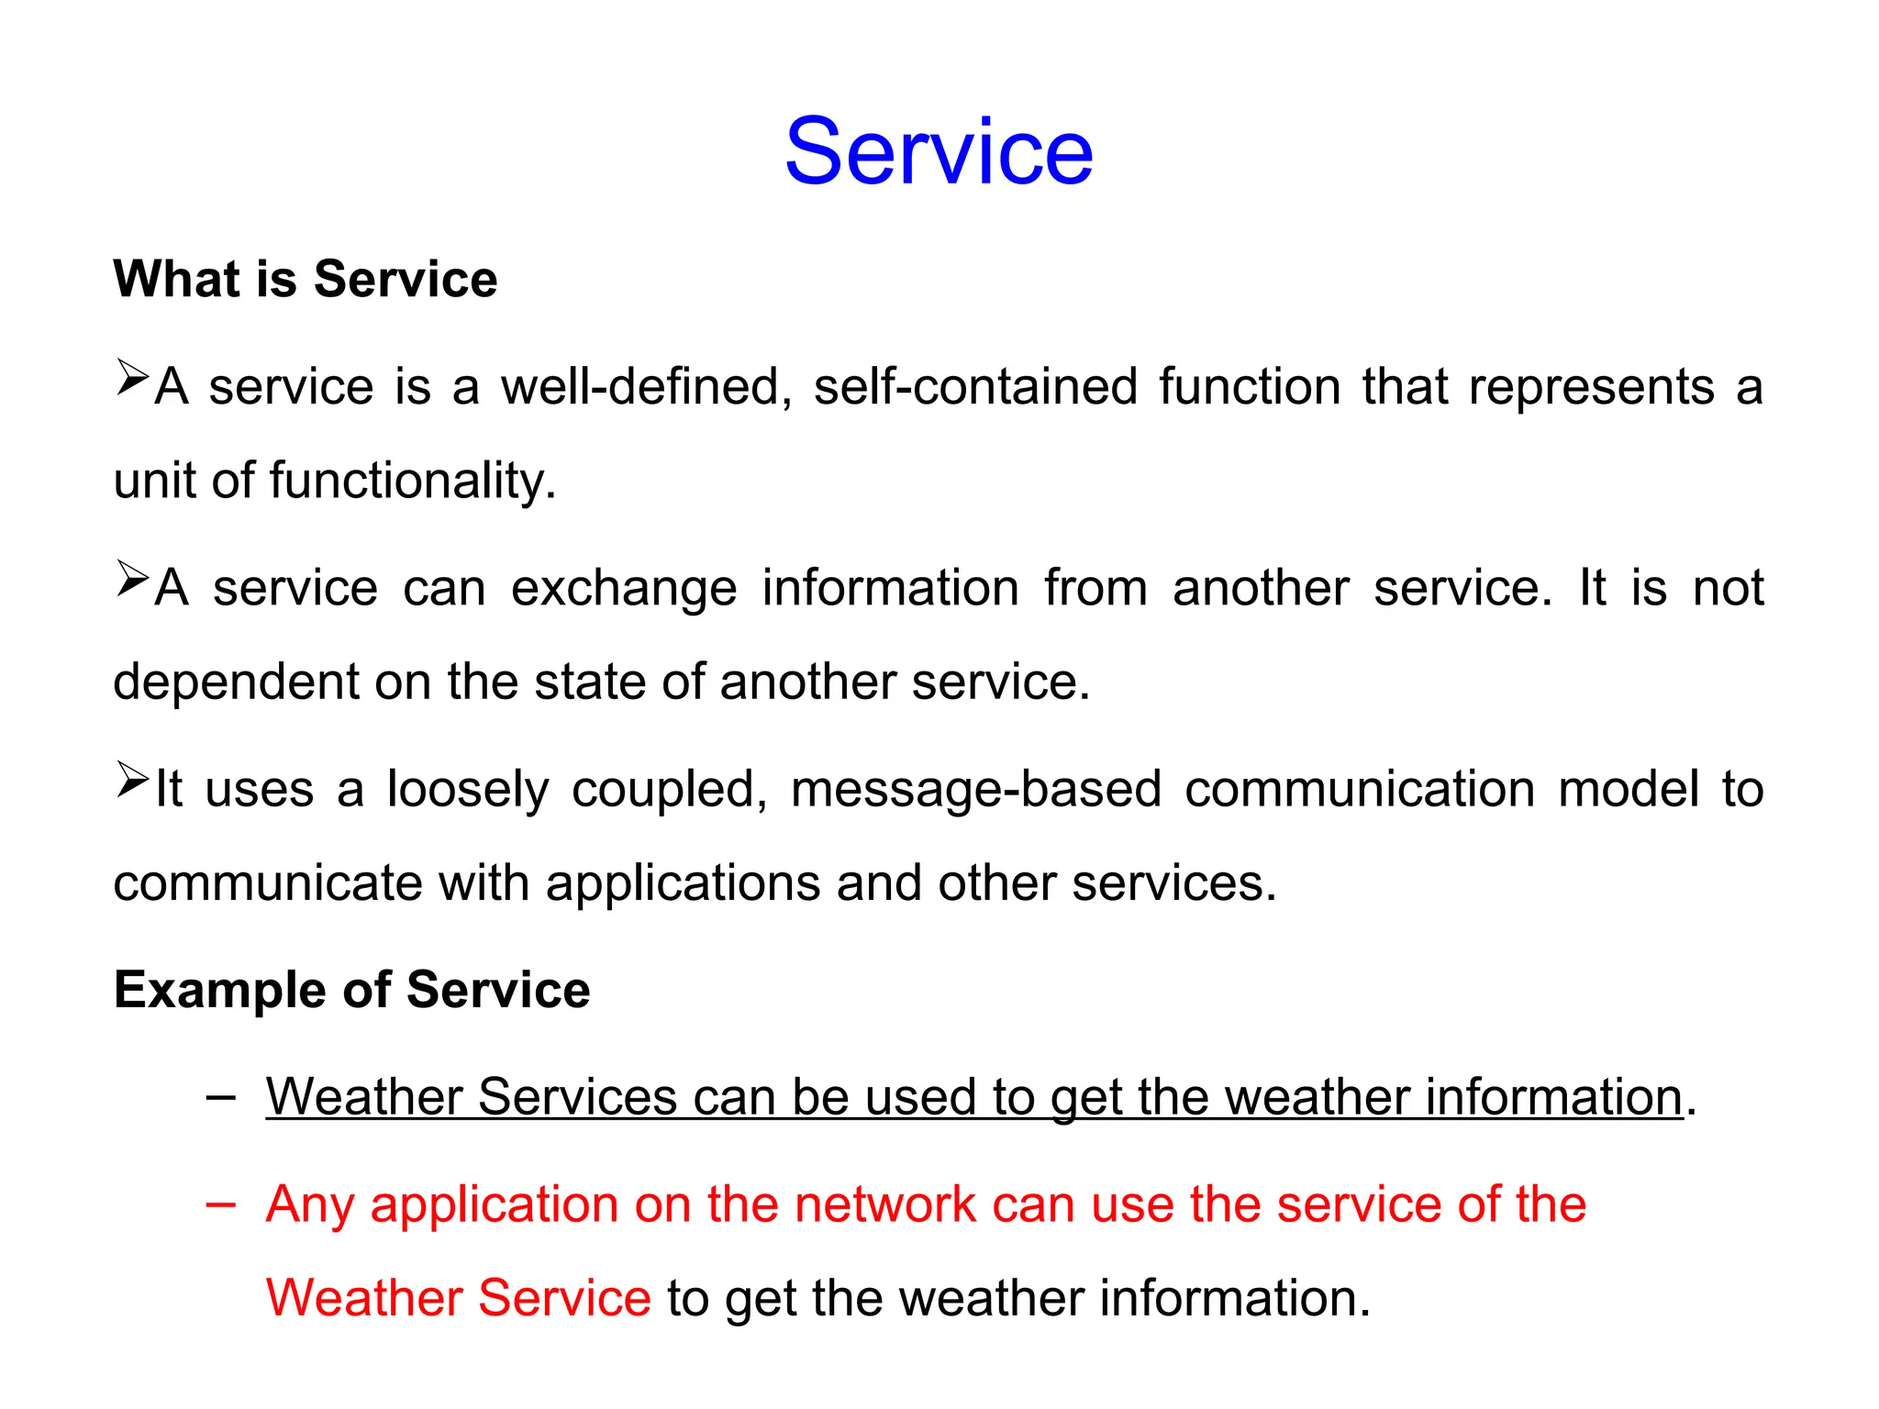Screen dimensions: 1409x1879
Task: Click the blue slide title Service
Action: point(939,151)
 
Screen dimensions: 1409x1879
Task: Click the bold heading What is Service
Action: point(305,279)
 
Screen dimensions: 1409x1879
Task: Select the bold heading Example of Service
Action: point(351,990)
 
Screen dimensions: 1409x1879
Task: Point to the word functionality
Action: point(412,481)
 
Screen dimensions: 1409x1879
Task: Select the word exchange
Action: point(624,588)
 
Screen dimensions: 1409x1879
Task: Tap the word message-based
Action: point(975,790)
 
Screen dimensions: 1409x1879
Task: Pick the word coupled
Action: point(669,790)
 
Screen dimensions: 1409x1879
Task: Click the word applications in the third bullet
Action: point(683,883)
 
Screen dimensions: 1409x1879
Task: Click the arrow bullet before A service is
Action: point(132,378)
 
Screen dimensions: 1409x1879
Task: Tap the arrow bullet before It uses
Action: point(132,781)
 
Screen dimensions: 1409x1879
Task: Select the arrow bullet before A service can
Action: point(132,580)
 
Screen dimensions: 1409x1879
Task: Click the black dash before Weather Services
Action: point(220,1096)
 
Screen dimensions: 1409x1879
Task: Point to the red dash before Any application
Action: point(220,1204)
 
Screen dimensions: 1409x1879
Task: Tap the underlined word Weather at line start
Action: point(363,1097)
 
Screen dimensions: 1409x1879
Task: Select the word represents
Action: point(1591,386)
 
